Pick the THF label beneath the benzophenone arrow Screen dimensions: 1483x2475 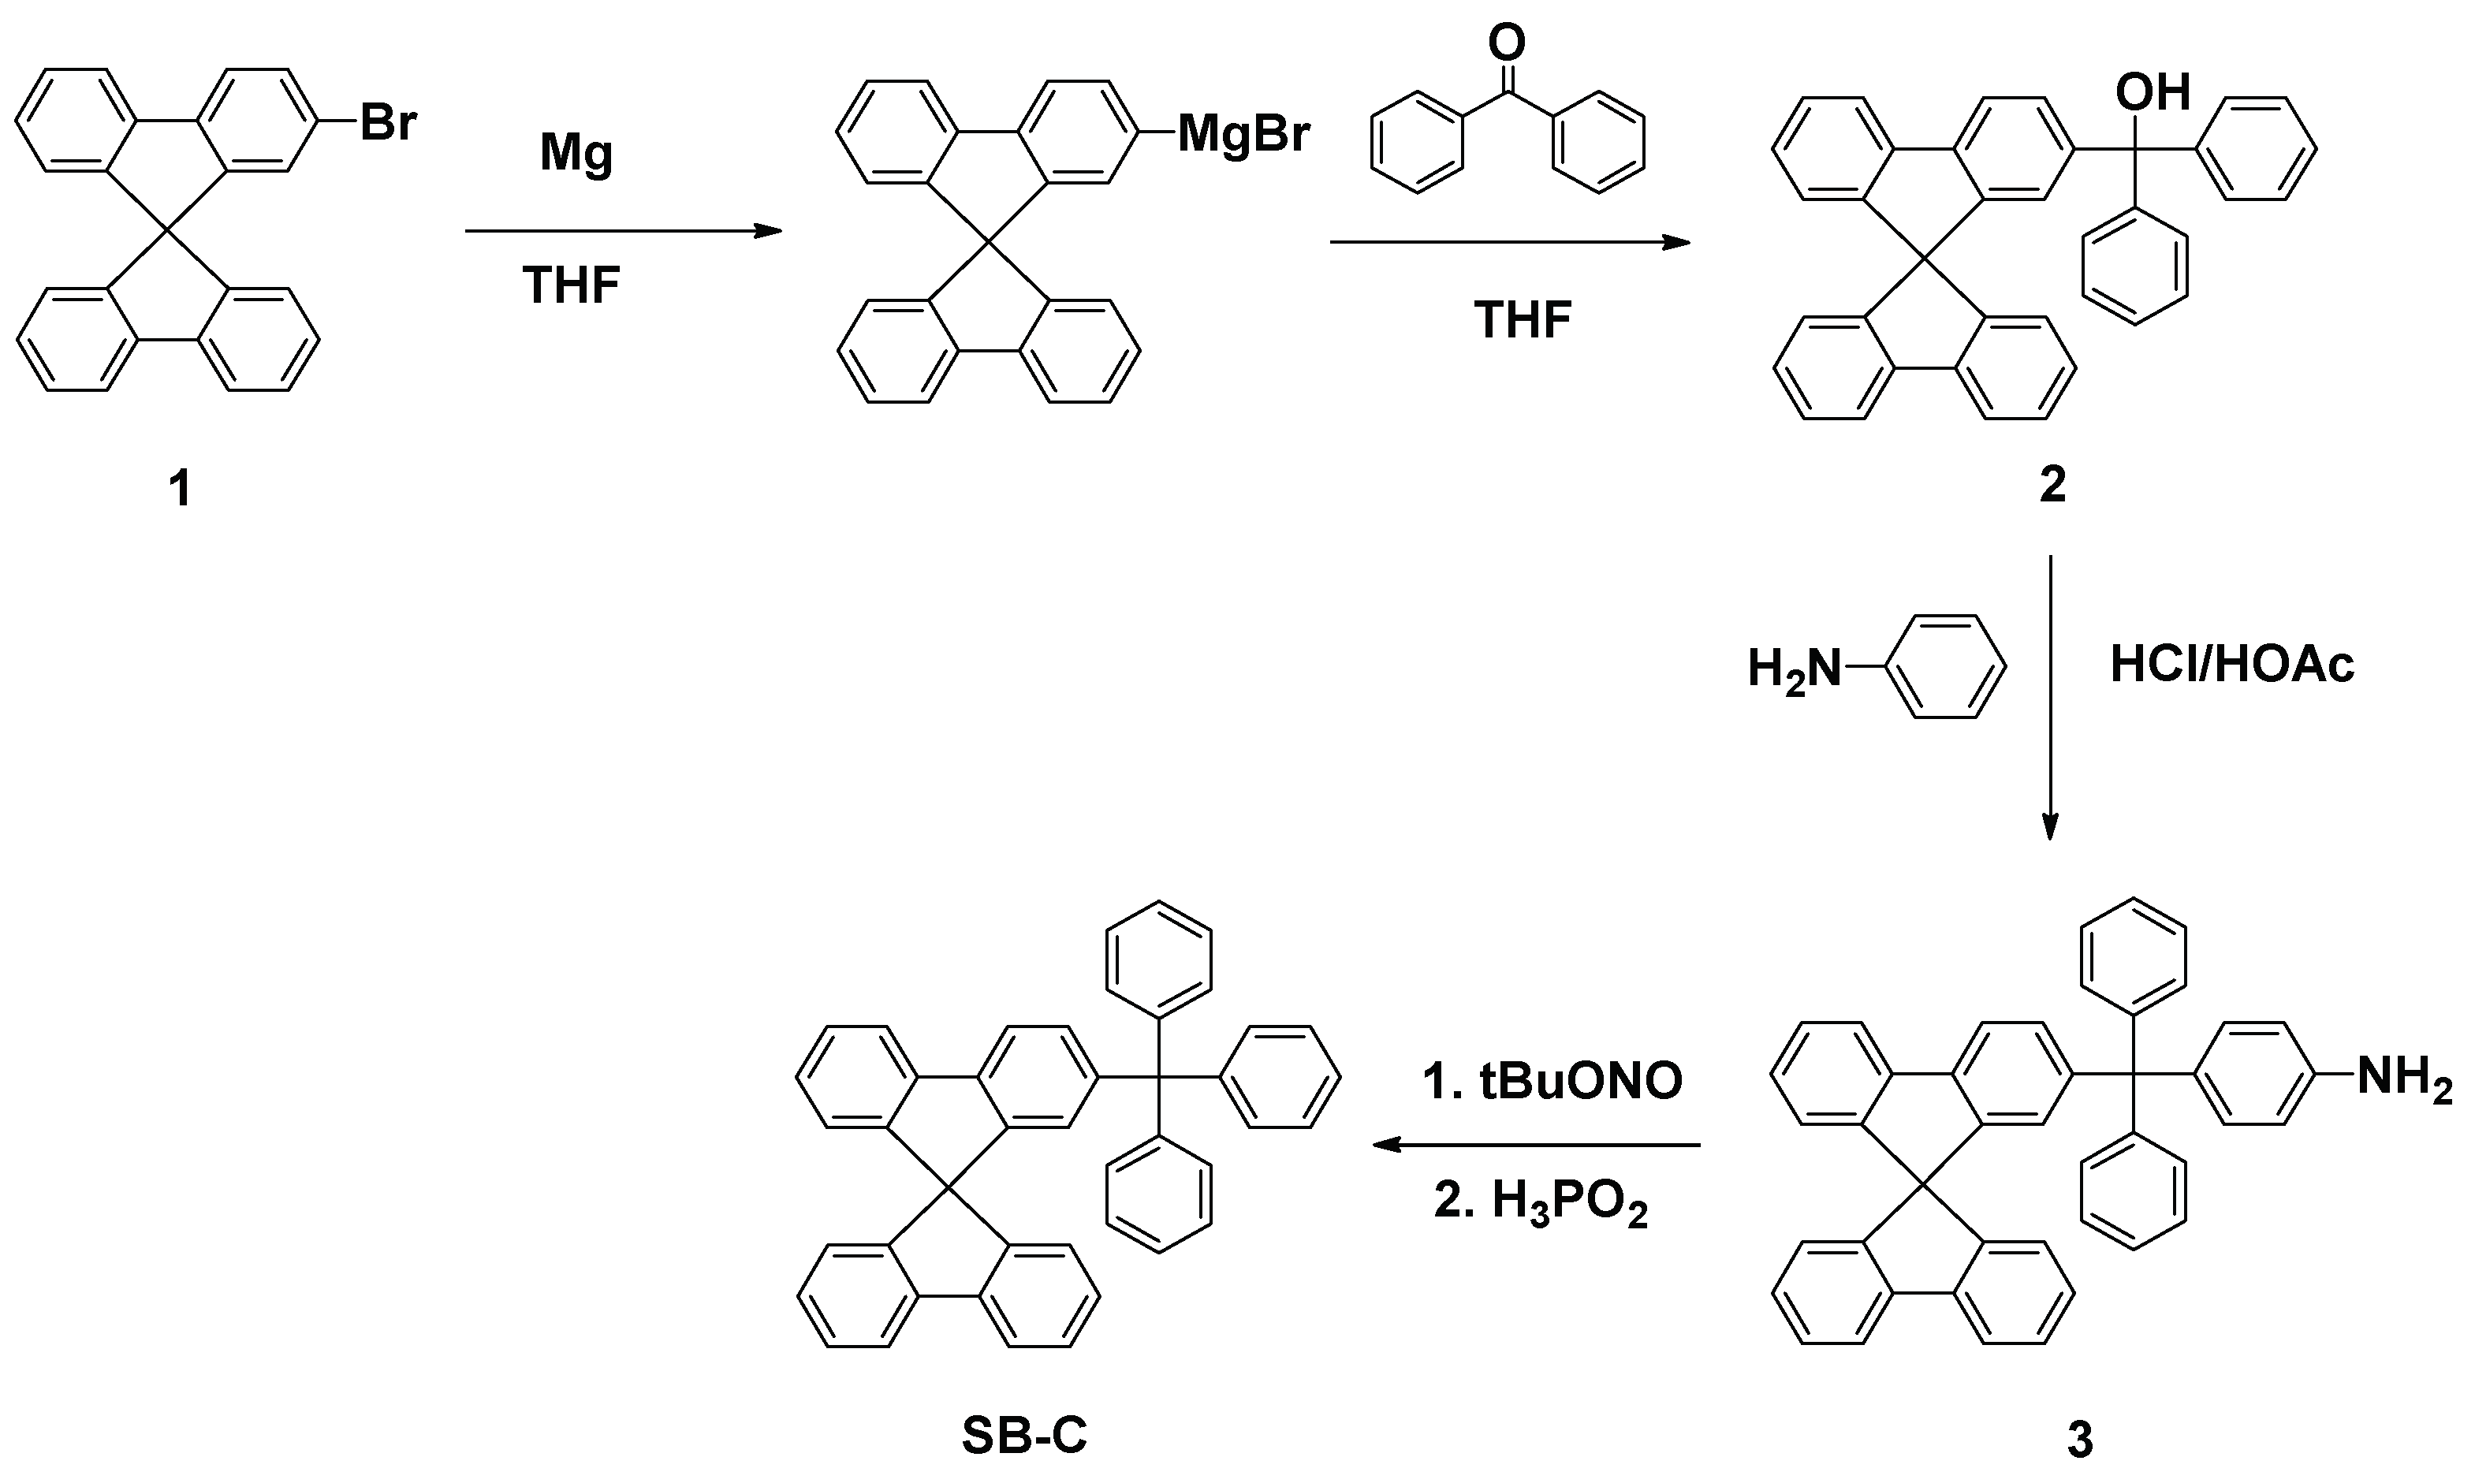1523,320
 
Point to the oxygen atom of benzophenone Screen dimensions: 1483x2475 1507,43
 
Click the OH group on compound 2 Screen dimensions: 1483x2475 2153,93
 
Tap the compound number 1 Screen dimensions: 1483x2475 180,490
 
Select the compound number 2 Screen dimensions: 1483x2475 2052,485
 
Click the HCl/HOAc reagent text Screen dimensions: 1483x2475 2232,665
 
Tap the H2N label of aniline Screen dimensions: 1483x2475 1794,669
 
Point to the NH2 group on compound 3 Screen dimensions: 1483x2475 2404,1079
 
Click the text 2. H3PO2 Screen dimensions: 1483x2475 1541,1202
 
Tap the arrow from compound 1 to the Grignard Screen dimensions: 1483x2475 624,232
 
